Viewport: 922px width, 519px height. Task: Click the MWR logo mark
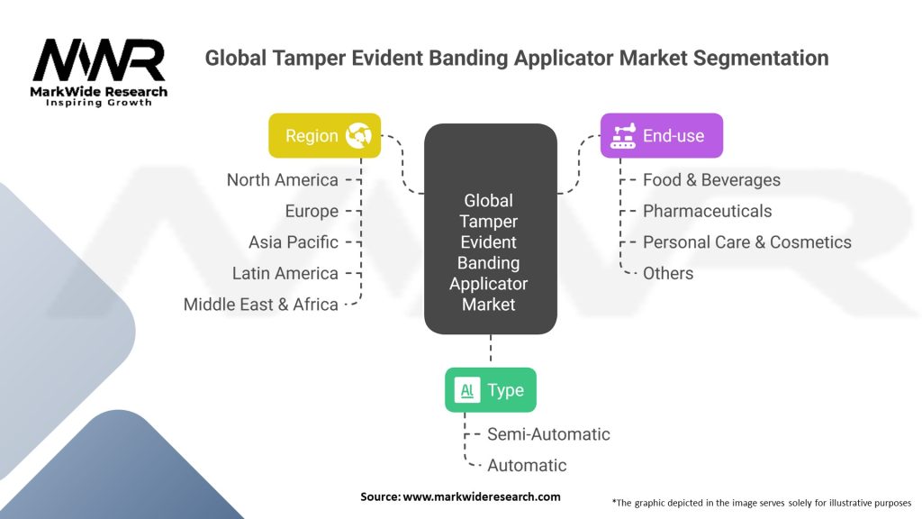click(x=99, y=60)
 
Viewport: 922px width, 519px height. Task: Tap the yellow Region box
click(x=324, y=135)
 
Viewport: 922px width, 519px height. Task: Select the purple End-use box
click(x=662, y=135)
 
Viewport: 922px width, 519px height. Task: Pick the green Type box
click(x=491, y=390)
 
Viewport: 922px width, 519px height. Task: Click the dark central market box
click(x=491, y=229)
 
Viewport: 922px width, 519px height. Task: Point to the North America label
click(x=282, y=180)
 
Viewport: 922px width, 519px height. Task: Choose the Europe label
click(x=312, y=211)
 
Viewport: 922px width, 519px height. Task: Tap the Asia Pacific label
click(x=294, y=241)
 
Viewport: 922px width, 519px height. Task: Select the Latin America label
click(x=285, y=273)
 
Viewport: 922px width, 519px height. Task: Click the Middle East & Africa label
click(x=261, y=305)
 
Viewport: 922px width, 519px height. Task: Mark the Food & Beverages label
click(x=711, y=180)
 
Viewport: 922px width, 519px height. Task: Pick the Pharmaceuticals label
click(x=707, y=211)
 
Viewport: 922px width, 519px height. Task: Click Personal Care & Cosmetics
click(x=746, y=241)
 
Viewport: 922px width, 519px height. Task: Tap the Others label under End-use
click(x=668, y=273)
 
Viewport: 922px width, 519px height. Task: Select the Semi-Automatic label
click(x=548, y=434)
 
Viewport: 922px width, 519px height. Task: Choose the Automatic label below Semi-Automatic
click(x=527, y=466)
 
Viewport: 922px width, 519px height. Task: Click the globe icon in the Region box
click(x=358, y=136)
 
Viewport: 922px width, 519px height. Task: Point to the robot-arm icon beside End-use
click(x=623, y=136)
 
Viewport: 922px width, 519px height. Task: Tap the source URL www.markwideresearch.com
click(x=482, y=496)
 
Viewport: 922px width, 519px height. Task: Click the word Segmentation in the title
click(x=761, y=59)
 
